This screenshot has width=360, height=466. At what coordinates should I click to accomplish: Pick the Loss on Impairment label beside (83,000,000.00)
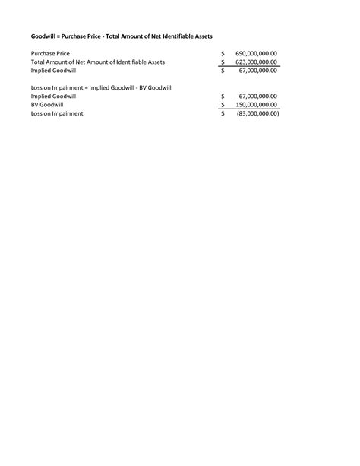pos(57,113)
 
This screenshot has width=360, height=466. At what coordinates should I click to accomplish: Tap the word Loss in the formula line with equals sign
pos(37,87)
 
